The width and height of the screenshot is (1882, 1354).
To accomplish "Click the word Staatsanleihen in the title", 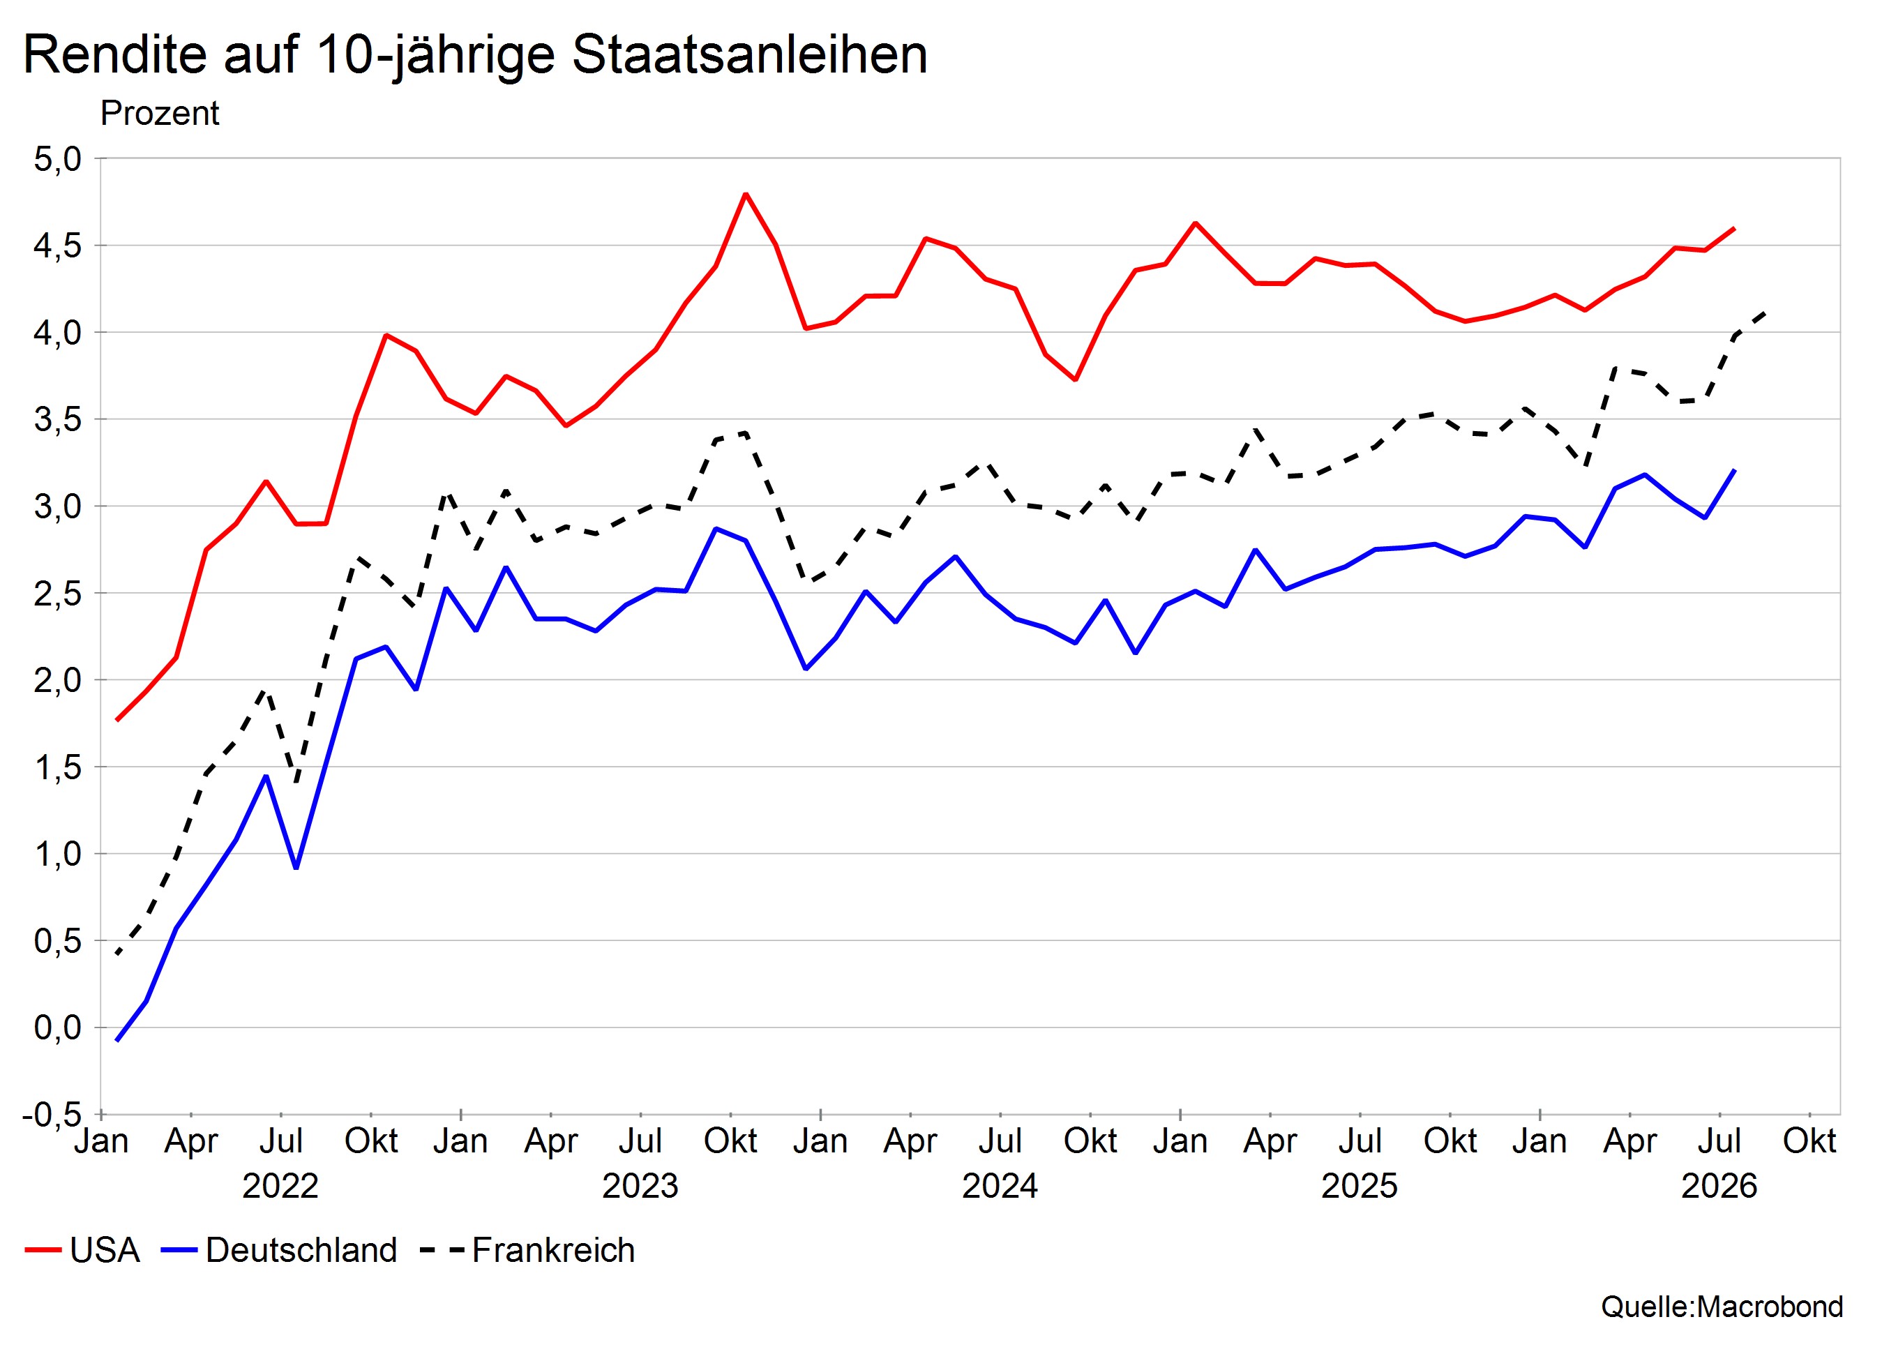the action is (749, 56).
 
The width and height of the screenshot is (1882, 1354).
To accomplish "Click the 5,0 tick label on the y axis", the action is (57, 158).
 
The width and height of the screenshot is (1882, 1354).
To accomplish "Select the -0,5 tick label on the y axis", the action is (52, 1114).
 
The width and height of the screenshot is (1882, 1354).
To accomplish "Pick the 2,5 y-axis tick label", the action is (57, 593).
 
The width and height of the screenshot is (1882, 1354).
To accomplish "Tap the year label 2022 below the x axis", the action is (280, 1186).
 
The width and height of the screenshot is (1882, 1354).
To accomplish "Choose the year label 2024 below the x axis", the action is (1000, 1186).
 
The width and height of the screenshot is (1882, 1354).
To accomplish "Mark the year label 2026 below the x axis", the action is (1719, 1186).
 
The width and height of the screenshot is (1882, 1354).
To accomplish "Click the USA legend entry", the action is (82, 1249).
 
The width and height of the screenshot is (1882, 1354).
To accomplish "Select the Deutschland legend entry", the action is (280, 1249).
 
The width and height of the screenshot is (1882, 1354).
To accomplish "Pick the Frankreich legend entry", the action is (528, 1249).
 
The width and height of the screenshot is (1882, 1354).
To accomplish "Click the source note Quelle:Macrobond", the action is (1722, 1307).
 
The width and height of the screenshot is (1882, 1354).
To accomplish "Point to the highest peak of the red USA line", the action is (745, 194).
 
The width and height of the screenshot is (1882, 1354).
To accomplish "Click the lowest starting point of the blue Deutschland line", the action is (117, 1040).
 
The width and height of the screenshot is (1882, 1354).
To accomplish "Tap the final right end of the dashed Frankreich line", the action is (1765, 313).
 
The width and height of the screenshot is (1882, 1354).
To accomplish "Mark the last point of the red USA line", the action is (1735, 228).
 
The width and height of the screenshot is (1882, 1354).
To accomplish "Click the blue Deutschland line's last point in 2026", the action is (1735, 470).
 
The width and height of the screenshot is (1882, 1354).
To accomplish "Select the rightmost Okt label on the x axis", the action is (1810, 1141).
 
